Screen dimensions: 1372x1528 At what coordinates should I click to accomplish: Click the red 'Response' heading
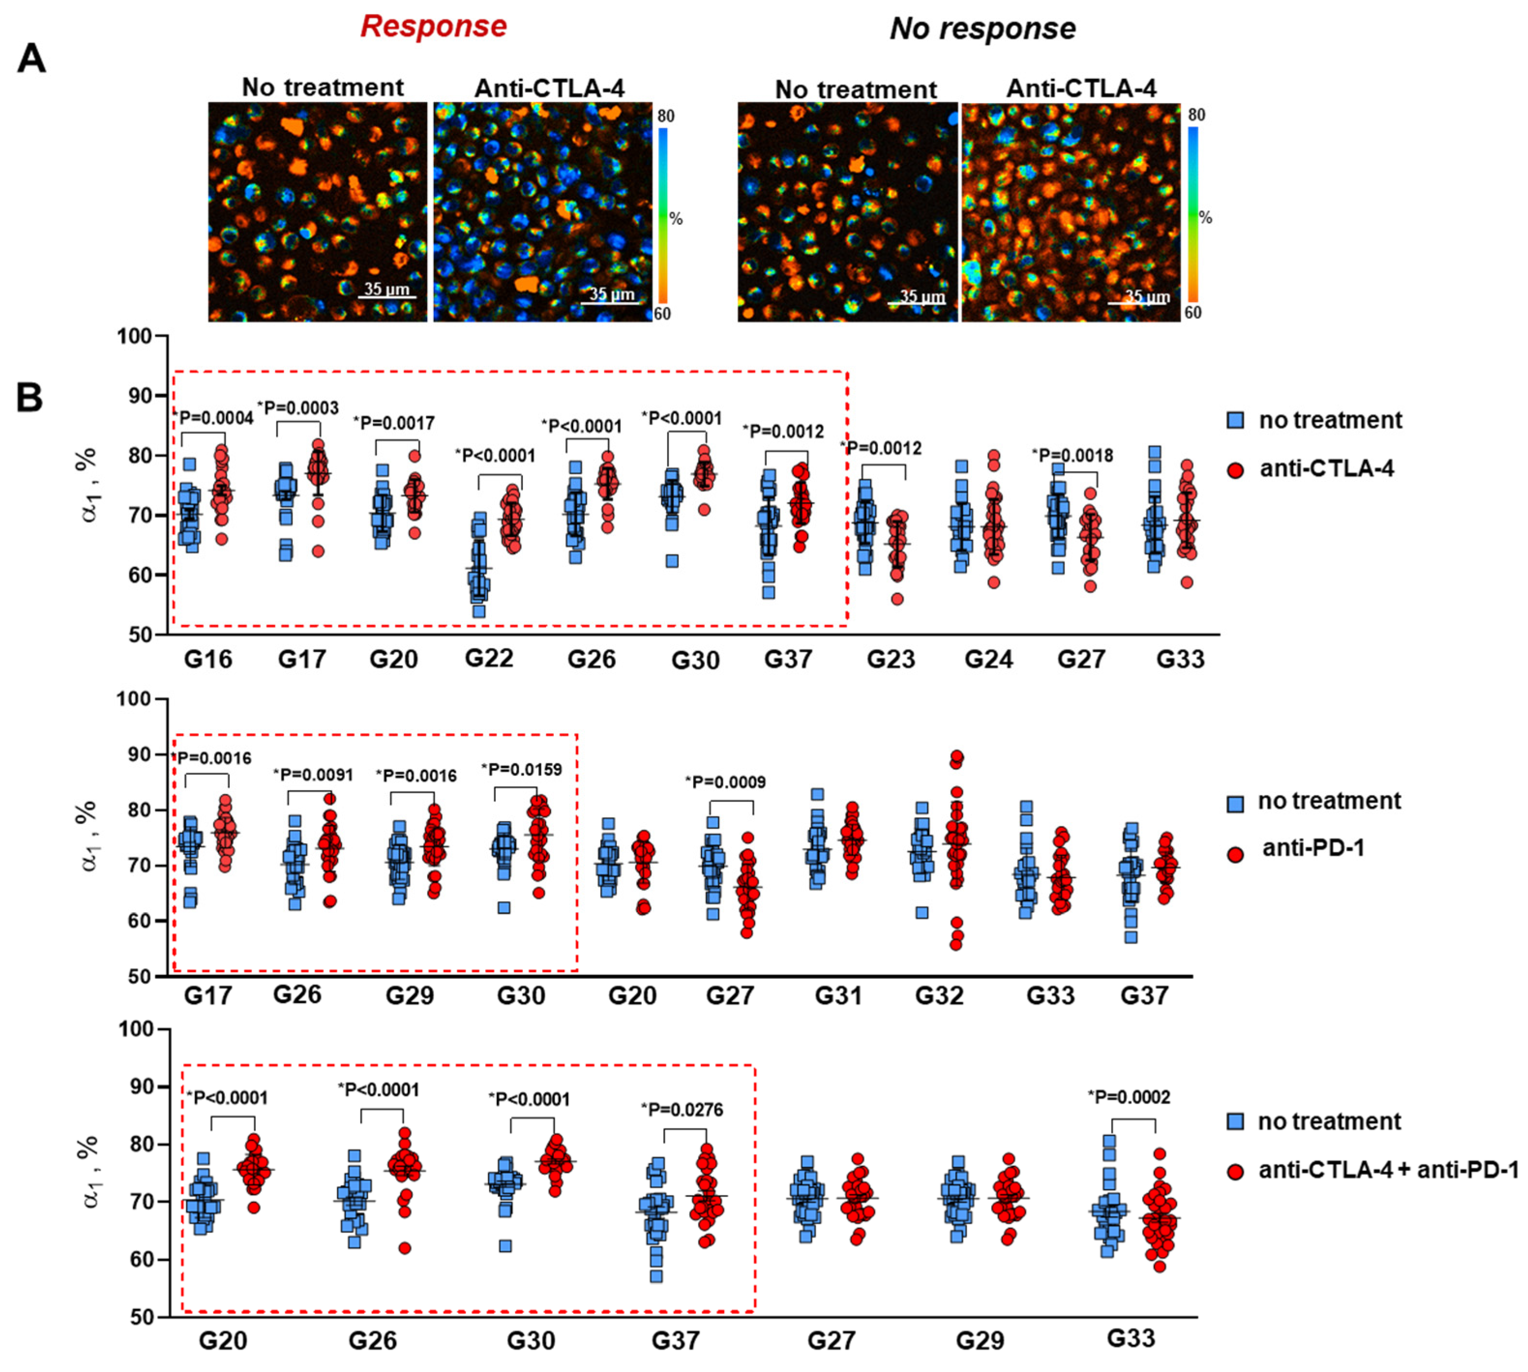[433, 27]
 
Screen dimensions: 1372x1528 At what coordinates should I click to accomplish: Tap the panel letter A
[31, 58]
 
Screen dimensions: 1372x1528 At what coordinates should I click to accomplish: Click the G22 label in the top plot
[489, 658]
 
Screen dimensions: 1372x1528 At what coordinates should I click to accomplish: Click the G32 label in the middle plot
[939, 995]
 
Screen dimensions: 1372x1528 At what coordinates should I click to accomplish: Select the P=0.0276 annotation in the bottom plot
[682, 1110]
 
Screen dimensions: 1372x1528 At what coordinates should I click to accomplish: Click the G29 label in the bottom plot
[980, 1341]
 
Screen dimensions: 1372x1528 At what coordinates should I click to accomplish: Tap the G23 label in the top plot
[890, 660]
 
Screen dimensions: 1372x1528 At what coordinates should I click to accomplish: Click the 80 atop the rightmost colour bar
[1196, 115]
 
